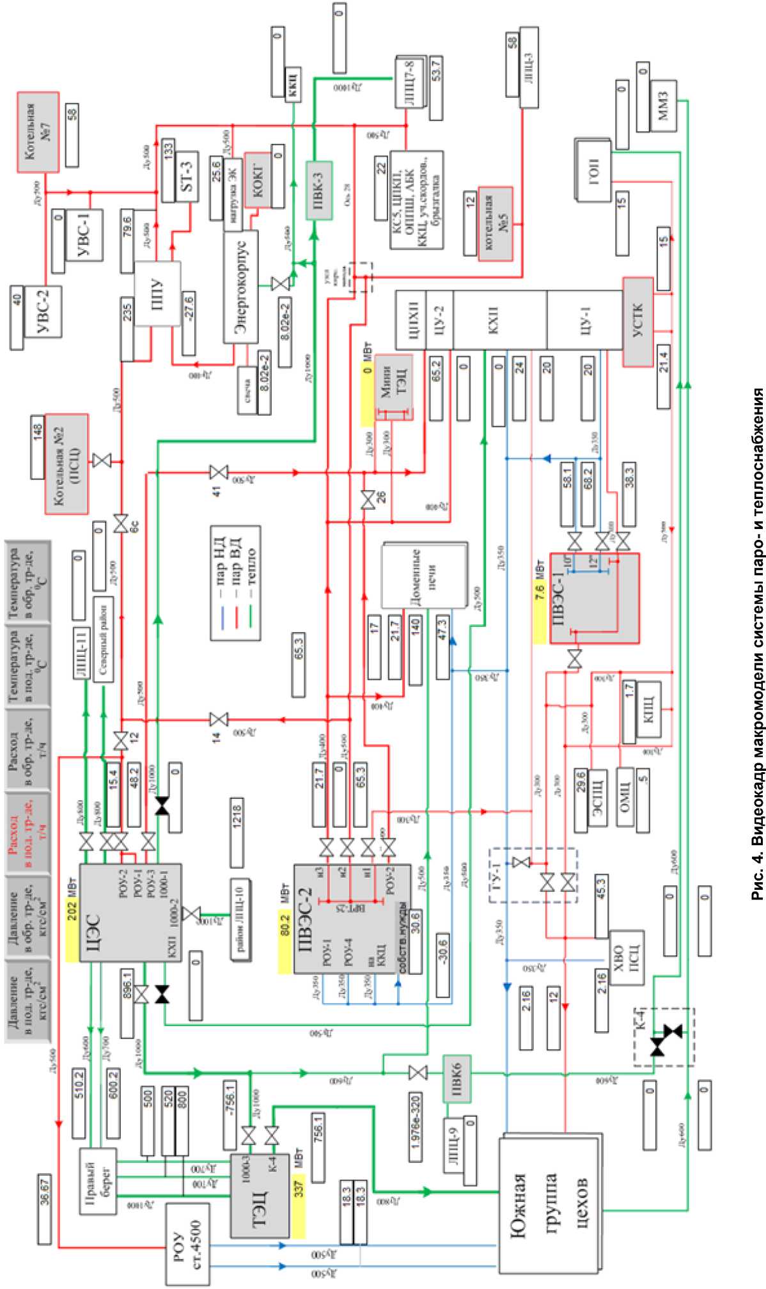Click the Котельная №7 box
38,132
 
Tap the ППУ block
157,294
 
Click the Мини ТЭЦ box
394,387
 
